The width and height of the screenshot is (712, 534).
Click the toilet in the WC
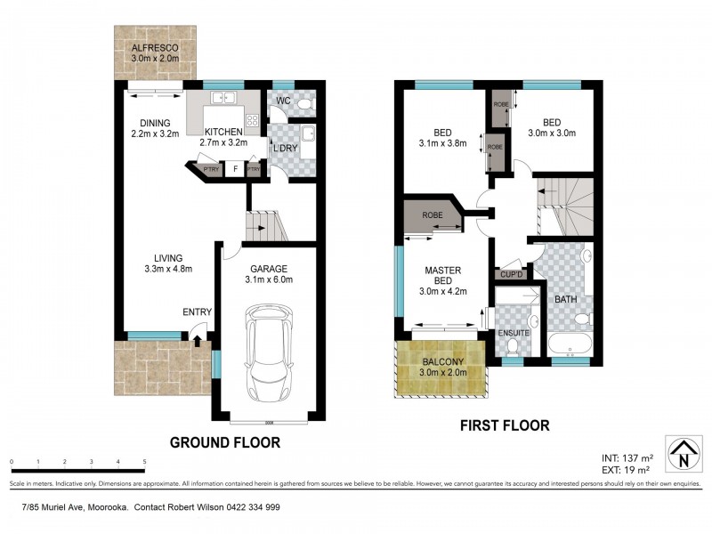pyautogui.click(x=303, y=104)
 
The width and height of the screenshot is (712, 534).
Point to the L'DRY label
pyautogui.click(x=285, y=147)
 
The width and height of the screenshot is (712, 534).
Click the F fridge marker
pyautogui.click(x=234, y=168)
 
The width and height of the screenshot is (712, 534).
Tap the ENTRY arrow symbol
pyautogui.click(x=197, y=338)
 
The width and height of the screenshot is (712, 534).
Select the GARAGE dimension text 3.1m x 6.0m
pyautogui.click(x=268, y=279)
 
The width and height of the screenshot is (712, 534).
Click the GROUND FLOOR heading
pyautogui.click(x=225, y=441)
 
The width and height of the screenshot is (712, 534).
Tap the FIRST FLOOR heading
pyautogui.click(x=504, y=425)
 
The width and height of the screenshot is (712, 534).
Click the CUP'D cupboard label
pyautogui.click(x=512, y=274)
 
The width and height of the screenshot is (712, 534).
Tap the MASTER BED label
pyautogui.click(x=441, y=276)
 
